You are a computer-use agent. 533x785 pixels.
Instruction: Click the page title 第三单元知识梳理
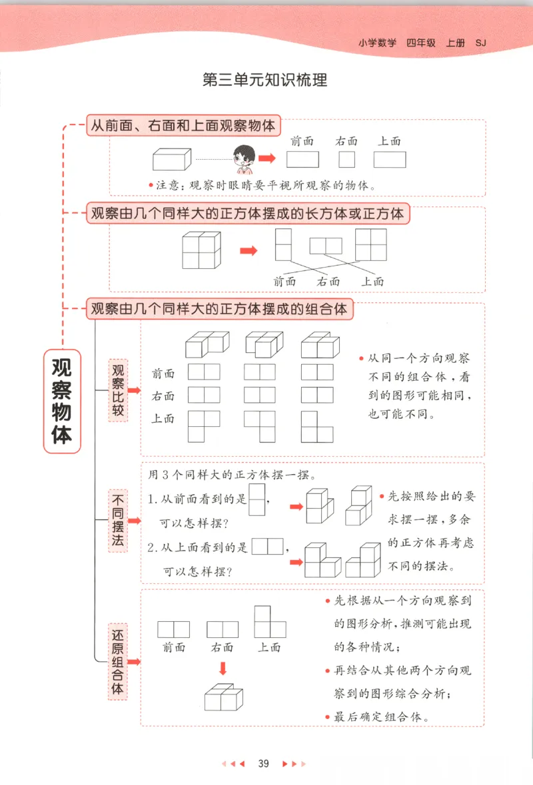tap(265, 81)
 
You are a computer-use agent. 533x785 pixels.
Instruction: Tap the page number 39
tap(263, 764)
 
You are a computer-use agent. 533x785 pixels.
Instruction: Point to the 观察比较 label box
tap(118, 390)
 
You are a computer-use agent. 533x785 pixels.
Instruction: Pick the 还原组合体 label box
tap(118, 662)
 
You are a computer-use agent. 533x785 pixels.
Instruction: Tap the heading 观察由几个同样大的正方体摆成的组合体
tap(219, 310)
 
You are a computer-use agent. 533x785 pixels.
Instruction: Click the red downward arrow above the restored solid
tap(223, 668)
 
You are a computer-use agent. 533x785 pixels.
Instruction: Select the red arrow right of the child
tap(267, 158)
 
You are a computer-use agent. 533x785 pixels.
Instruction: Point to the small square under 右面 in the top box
tap(346, 159)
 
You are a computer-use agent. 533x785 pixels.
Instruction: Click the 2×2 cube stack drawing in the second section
tap(201, 250)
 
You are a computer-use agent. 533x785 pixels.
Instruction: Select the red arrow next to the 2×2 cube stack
tap(248, 250)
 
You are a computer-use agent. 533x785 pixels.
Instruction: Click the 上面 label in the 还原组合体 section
tap(269, 647)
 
